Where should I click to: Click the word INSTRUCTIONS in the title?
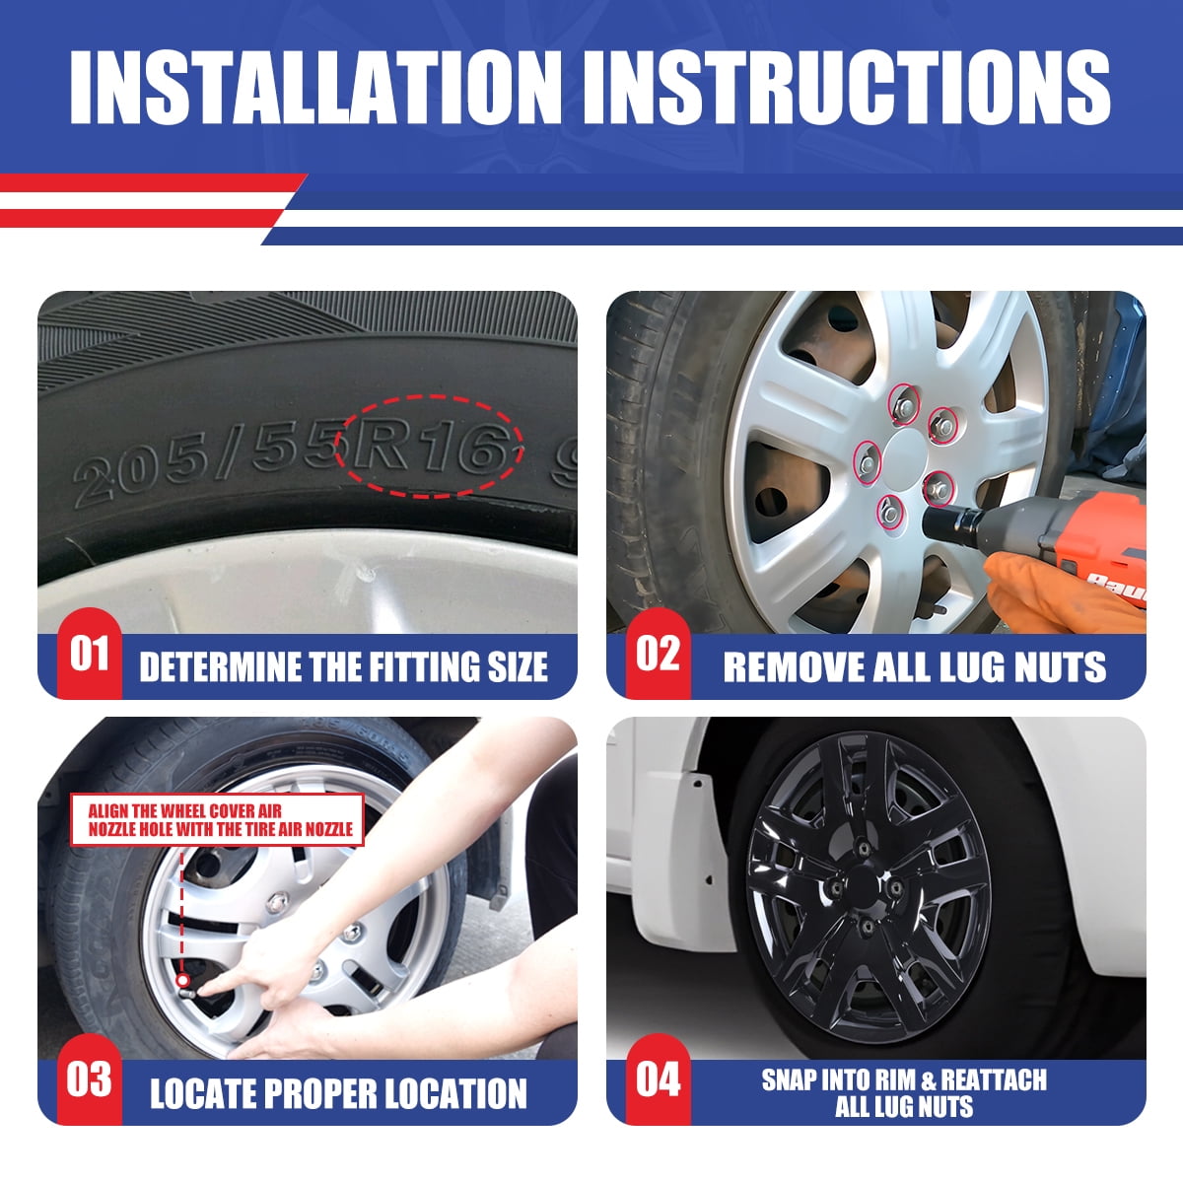[x=847, y=87]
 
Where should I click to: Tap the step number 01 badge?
[x=90, y=654]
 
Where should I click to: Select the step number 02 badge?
[x=659, y=654]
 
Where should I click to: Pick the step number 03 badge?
[x=90, y=1079]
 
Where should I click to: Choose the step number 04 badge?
[x=659, y=1079]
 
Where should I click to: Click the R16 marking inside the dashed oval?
[x=430, y=445]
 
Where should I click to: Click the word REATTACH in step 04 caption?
[x=995, y=1079]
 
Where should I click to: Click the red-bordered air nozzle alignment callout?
[x=217, y=819]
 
